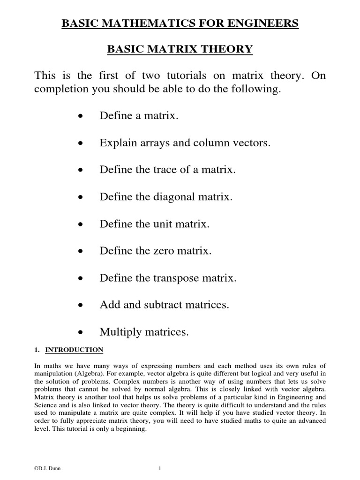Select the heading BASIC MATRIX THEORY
click(x=180, y=49)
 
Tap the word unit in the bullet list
click(x=162, y=224)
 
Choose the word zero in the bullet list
click(x=164, y=251)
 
